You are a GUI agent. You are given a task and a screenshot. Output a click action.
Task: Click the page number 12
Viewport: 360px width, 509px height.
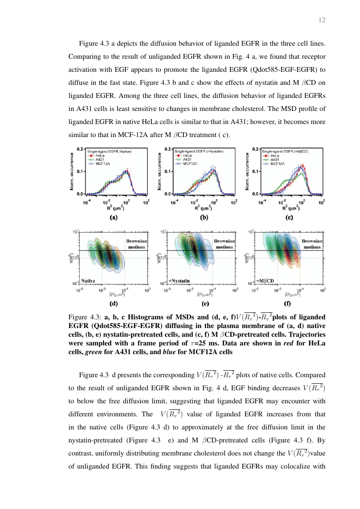tap(322, 20)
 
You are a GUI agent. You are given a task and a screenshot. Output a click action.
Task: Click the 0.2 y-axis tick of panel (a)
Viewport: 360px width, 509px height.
tap(80, 149)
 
